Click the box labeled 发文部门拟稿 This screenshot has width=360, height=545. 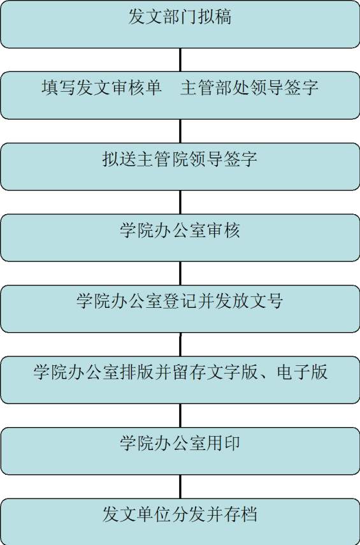(x=180, y=24)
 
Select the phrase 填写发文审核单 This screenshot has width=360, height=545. (x=101, y=87)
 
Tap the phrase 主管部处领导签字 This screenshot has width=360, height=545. (x=249, y=87)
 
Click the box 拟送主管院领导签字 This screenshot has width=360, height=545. (x=180, y=166)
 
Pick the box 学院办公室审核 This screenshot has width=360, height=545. (x=180, y=238)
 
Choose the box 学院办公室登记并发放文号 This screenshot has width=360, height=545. (x=180, y=309)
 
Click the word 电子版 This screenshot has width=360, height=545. (x=302, y=372)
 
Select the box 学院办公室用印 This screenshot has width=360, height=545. (x=180, y=451)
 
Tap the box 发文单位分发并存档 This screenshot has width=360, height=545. (x=180, y=521)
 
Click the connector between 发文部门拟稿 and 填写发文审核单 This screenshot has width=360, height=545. (x=180, y=60)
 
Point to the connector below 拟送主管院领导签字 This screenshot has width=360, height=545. (x=180, y=202)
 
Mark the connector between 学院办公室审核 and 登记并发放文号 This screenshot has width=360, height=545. (x=180, y=273)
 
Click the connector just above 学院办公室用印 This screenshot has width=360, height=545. (x=180, y=416)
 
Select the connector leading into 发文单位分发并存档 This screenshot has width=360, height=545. (x=180, y=486)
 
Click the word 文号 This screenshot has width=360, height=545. (x=266, y=301)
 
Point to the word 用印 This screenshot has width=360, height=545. (x=223, y=443)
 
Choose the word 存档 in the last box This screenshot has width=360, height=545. (x=240, y=514)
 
